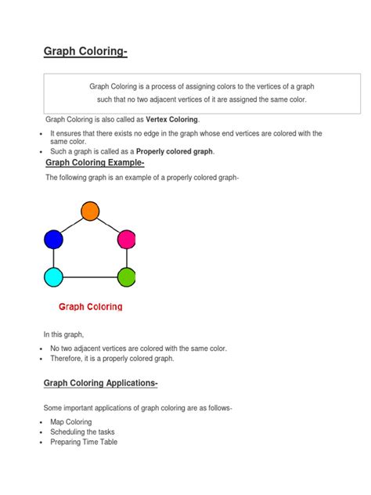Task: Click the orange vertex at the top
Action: (90, 211)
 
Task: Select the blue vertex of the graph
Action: (53, 240)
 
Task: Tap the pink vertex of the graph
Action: (127, 240)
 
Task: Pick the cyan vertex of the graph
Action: (53, 276)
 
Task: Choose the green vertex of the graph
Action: (127, 276)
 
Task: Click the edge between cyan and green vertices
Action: (90, 276)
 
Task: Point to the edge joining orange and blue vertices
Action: (71, 226)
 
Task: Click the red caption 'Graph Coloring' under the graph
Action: (90, 307)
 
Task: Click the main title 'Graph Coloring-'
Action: (85, 52)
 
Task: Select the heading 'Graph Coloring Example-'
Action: (95, 163)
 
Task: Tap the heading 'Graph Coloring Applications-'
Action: (102, 383)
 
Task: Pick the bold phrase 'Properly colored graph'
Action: (175, 151)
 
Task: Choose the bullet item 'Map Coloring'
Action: (70, 422)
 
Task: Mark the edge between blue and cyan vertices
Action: (53, 258)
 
